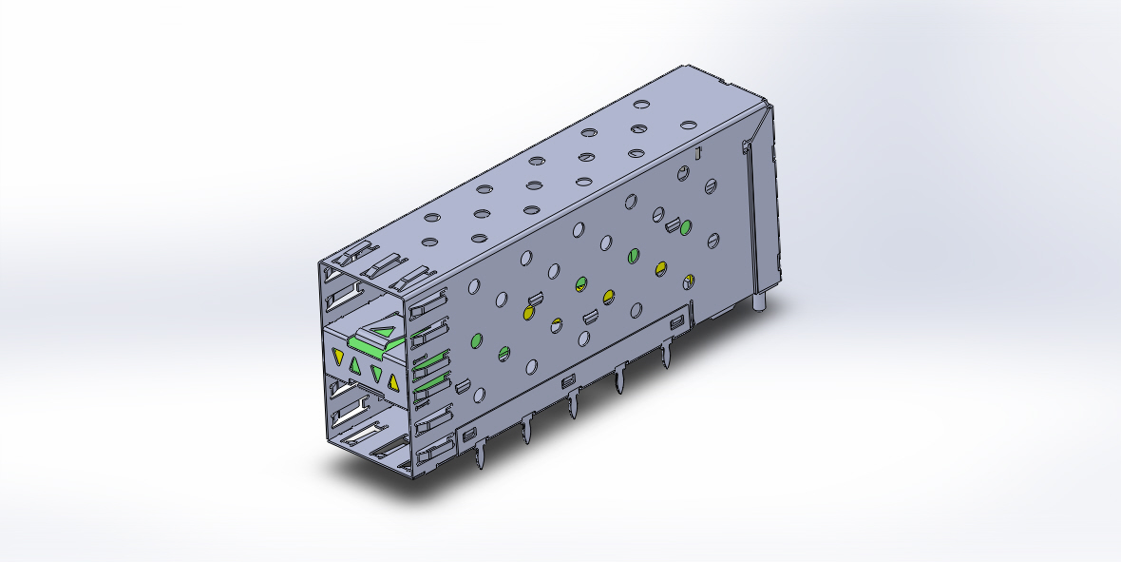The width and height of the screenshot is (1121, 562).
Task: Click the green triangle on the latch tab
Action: tap(384, 332)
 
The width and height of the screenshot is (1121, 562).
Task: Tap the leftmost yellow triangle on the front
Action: tap(337, 357)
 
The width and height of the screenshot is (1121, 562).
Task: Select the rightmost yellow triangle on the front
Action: tap(391, 382)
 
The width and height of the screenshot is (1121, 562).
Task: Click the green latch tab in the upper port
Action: tap(376, 340)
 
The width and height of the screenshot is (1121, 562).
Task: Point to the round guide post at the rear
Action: tap(762, 301)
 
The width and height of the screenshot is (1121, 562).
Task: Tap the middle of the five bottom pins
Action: tap(572, 406)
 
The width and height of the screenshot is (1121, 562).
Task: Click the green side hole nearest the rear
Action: tap(686, 226)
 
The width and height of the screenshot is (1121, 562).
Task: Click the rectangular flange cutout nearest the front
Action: tap(467, 433)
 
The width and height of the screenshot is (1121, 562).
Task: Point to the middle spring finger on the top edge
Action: tap(387, 266)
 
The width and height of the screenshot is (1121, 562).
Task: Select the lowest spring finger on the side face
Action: tap(432, 452)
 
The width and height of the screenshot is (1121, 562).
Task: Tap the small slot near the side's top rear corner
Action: tap(696, 152)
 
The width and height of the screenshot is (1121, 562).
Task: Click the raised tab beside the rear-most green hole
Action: tap(672, 225)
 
